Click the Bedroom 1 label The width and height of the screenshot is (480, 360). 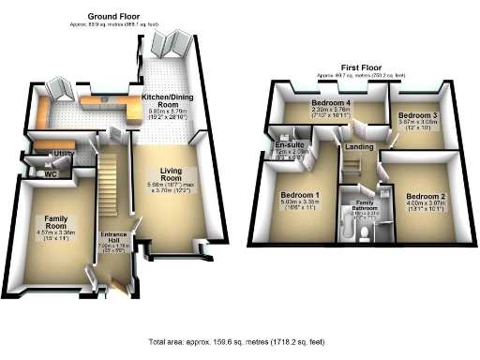(301, 195)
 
